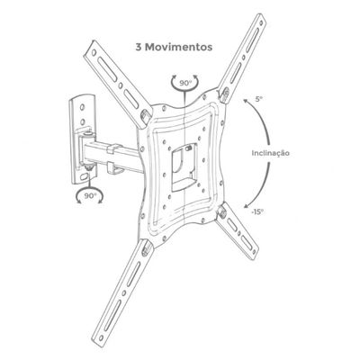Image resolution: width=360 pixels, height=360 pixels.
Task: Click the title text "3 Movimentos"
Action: pos(174,47)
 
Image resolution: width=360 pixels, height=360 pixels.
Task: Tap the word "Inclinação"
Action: pos(271,153)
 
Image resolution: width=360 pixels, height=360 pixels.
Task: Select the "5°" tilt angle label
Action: pos(259,98)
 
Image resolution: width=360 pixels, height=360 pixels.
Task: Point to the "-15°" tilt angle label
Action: pos(257,211)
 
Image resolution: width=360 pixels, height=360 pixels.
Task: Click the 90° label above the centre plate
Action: pos(185,83)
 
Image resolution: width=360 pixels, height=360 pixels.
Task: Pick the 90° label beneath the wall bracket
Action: pos(90,196)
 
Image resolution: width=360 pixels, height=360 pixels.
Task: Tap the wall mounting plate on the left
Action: pos(83,139)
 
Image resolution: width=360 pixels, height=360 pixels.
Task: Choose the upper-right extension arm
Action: pos(242,57)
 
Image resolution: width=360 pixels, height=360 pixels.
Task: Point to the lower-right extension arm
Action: pos(237,231)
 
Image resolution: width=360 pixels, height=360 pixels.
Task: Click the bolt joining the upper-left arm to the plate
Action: pos(145,114)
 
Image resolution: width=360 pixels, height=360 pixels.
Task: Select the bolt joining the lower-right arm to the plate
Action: pos(222,211)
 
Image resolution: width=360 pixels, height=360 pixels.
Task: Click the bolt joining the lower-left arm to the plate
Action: pos(145,248)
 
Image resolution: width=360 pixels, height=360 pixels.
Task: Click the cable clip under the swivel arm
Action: pos(114,168)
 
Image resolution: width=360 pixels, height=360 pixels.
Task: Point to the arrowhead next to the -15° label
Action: pos(247,206)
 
